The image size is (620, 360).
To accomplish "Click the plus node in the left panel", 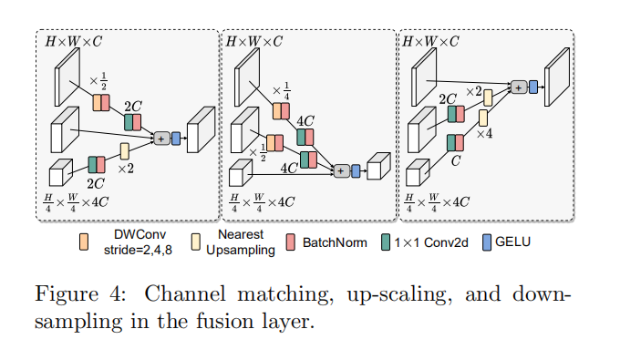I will pos(161,138).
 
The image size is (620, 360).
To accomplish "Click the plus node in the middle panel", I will pos(342,170).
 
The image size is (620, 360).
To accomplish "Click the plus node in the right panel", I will pos(518,87).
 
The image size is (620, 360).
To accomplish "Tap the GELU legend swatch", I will pos(487,242).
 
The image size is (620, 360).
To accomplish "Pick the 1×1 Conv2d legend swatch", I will pos(387,242).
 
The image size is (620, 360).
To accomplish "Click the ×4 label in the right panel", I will pos(484,134).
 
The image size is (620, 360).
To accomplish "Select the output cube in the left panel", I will pos(200,129).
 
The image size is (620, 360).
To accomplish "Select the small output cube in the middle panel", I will pos(377,168).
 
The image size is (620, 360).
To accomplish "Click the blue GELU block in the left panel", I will pos(175,138).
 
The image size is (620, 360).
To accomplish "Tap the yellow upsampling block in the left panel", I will pos(125,150).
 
